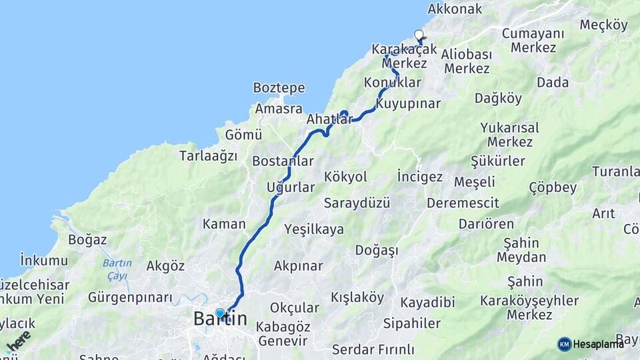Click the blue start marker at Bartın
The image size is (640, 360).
[x=220, y=313]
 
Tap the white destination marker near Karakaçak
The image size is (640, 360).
[x=419, y=35]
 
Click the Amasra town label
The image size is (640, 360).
[x=278, y=109]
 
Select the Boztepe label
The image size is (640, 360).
[x=279, y=88]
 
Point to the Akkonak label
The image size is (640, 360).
[x=455, y=9]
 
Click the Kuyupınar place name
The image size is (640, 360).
[x=408, y=104]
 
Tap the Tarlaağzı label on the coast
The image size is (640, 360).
[x=208, y=156]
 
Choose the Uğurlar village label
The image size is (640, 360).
[x=290, y=187]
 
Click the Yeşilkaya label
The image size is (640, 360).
[x=314, y=229]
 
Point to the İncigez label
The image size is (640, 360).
[x=419, y=177]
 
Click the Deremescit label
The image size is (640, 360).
[x=463, y=202]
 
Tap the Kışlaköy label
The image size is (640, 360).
[x=357, y=297]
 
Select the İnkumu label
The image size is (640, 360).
[x=44, y=260]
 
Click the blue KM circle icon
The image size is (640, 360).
[x=565, y=344]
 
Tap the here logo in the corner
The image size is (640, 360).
[x=18, y=342]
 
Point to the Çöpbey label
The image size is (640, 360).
[x=553, y=187]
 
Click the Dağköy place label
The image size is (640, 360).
[x=498, y=98]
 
